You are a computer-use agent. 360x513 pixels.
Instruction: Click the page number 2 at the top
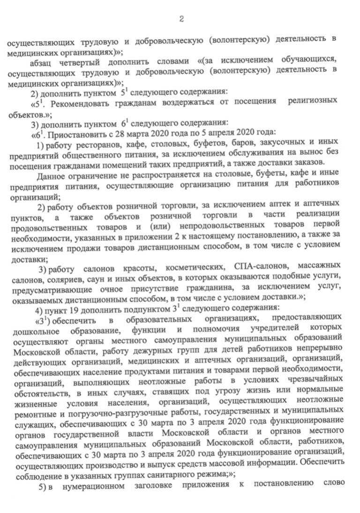pos(181,19)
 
